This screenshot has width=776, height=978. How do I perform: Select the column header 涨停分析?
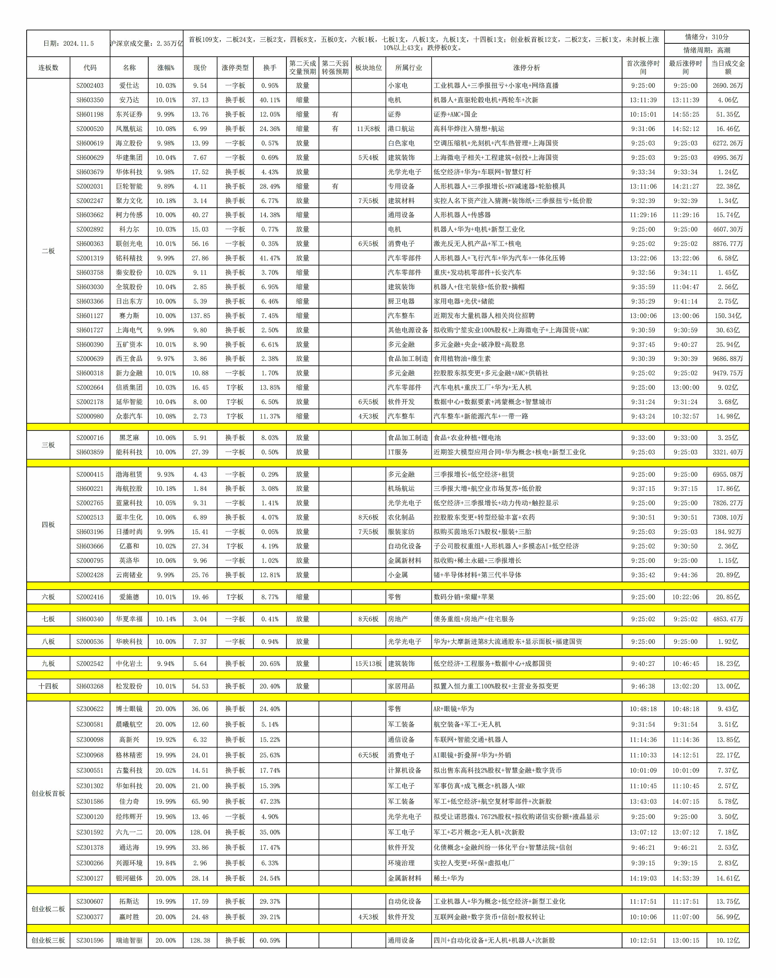[x=526, y=67]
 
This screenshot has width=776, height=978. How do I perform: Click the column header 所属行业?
[x=408, y=67]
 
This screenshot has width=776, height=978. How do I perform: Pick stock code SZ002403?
[x=90, y=85]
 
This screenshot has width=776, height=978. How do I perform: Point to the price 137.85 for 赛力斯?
[x=200, y=316]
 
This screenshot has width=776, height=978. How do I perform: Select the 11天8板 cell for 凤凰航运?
[x=368, y=129]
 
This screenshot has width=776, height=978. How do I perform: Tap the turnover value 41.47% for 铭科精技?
[x=270, y=258]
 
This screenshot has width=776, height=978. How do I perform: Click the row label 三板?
[x=48, y=445]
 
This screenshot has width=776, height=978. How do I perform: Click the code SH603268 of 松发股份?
[x=90, y=686]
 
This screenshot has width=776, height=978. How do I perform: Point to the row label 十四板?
[x=48, y=686]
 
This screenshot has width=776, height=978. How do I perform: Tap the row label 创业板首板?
[x=48, y=793]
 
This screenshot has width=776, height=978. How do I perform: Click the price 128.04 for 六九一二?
[x=200, y=832]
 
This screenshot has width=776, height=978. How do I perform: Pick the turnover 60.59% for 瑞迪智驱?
[x=270, y=940]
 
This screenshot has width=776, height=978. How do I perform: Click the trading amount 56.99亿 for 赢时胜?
[x=727, y=917]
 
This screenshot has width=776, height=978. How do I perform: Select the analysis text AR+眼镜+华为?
[x=454, y=709]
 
